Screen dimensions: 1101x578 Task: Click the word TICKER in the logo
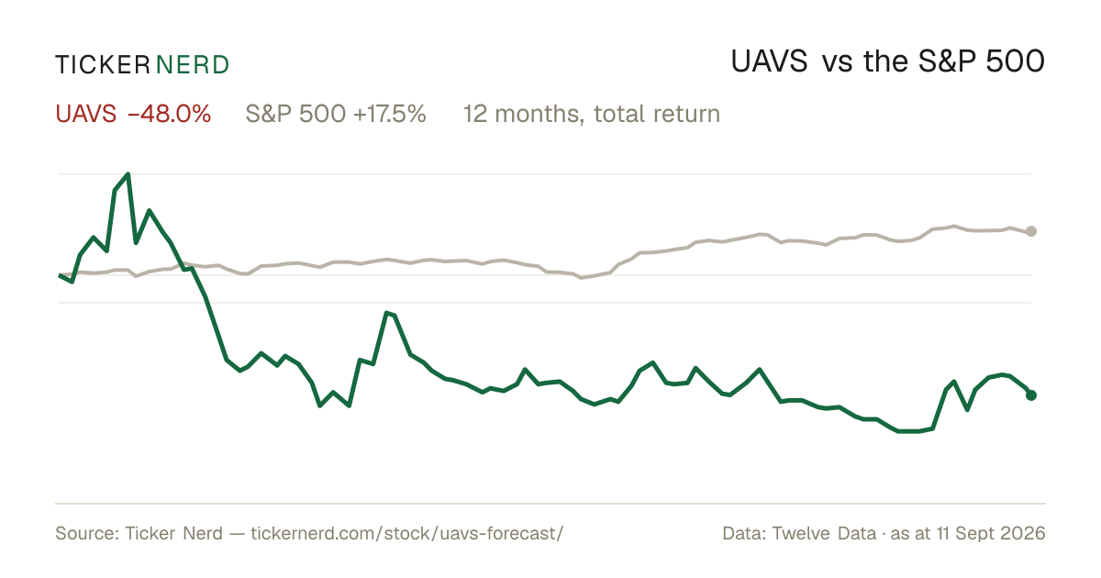103,65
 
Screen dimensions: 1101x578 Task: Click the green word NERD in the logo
193,65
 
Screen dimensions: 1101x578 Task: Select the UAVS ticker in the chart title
769,61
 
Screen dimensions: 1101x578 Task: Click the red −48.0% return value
170,114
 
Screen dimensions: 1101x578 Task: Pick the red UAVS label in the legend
86,114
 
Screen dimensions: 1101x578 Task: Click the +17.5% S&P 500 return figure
389,114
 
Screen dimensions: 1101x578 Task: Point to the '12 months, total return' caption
592,114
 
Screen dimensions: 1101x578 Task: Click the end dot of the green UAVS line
1031,395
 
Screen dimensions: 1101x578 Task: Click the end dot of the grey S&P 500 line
1031,231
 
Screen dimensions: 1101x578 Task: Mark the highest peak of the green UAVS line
128,174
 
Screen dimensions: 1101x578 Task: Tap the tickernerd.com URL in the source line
407,533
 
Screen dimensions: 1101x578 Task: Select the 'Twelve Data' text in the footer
824,533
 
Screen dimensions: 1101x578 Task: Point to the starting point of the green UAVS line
60,276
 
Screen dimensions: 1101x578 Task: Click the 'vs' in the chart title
837,63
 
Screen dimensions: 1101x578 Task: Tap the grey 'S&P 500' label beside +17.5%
295,114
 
